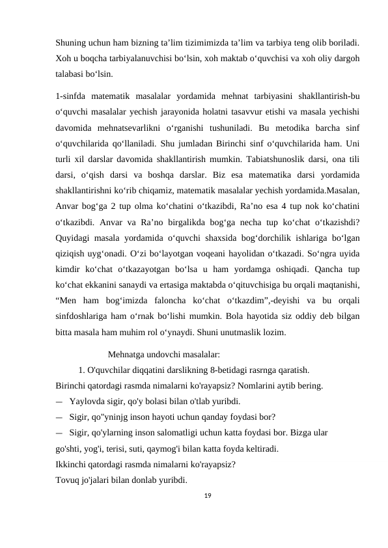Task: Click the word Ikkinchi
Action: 74,465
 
